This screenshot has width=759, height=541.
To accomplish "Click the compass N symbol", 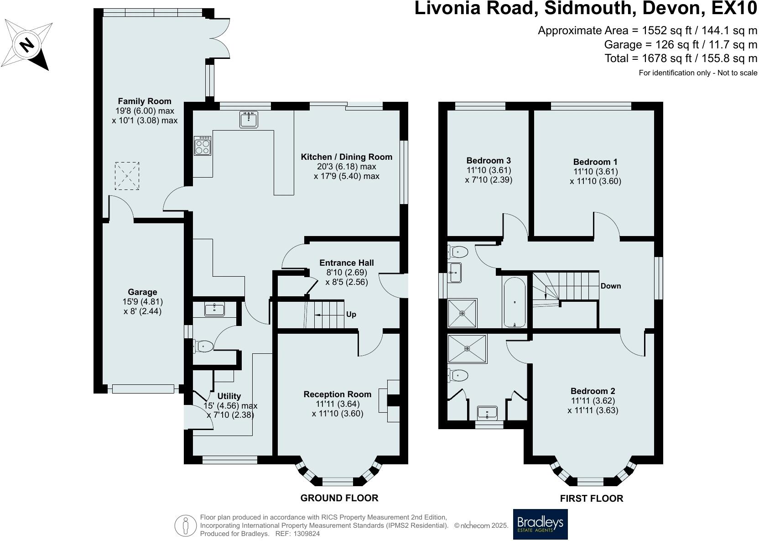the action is pos(27,44).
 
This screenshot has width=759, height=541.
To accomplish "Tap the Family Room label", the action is pos(144,101).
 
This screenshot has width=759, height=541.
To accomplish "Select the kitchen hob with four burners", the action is pos(203,146).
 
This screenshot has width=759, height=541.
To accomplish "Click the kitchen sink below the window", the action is pos(249,120).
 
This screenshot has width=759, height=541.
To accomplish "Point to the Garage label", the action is pos(142,292).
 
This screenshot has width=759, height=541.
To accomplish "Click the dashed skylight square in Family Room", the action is pos(127,176).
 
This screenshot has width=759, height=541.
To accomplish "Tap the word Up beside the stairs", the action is pos(351,315).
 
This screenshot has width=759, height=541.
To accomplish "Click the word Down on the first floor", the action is pos(611,286).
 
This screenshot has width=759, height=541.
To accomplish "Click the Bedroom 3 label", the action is pos(488,160).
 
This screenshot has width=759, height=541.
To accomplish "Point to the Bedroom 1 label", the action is pos(595,162).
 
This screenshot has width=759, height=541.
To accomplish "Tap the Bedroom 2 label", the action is pos(593,391).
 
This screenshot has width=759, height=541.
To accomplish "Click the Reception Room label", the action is pos(337,394).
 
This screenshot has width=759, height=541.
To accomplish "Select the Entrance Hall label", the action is pos(346,263).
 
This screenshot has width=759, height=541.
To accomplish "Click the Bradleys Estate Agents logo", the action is pos(540,524).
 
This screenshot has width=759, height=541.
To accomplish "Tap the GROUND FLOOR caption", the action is pos(339,498).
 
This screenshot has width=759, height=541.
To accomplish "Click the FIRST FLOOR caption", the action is pos(591,498).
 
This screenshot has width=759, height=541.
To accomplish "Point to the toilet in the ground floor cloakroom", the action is pos(203,347).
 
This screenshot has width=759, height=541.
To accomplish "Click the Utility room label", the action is pos(229,396).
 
